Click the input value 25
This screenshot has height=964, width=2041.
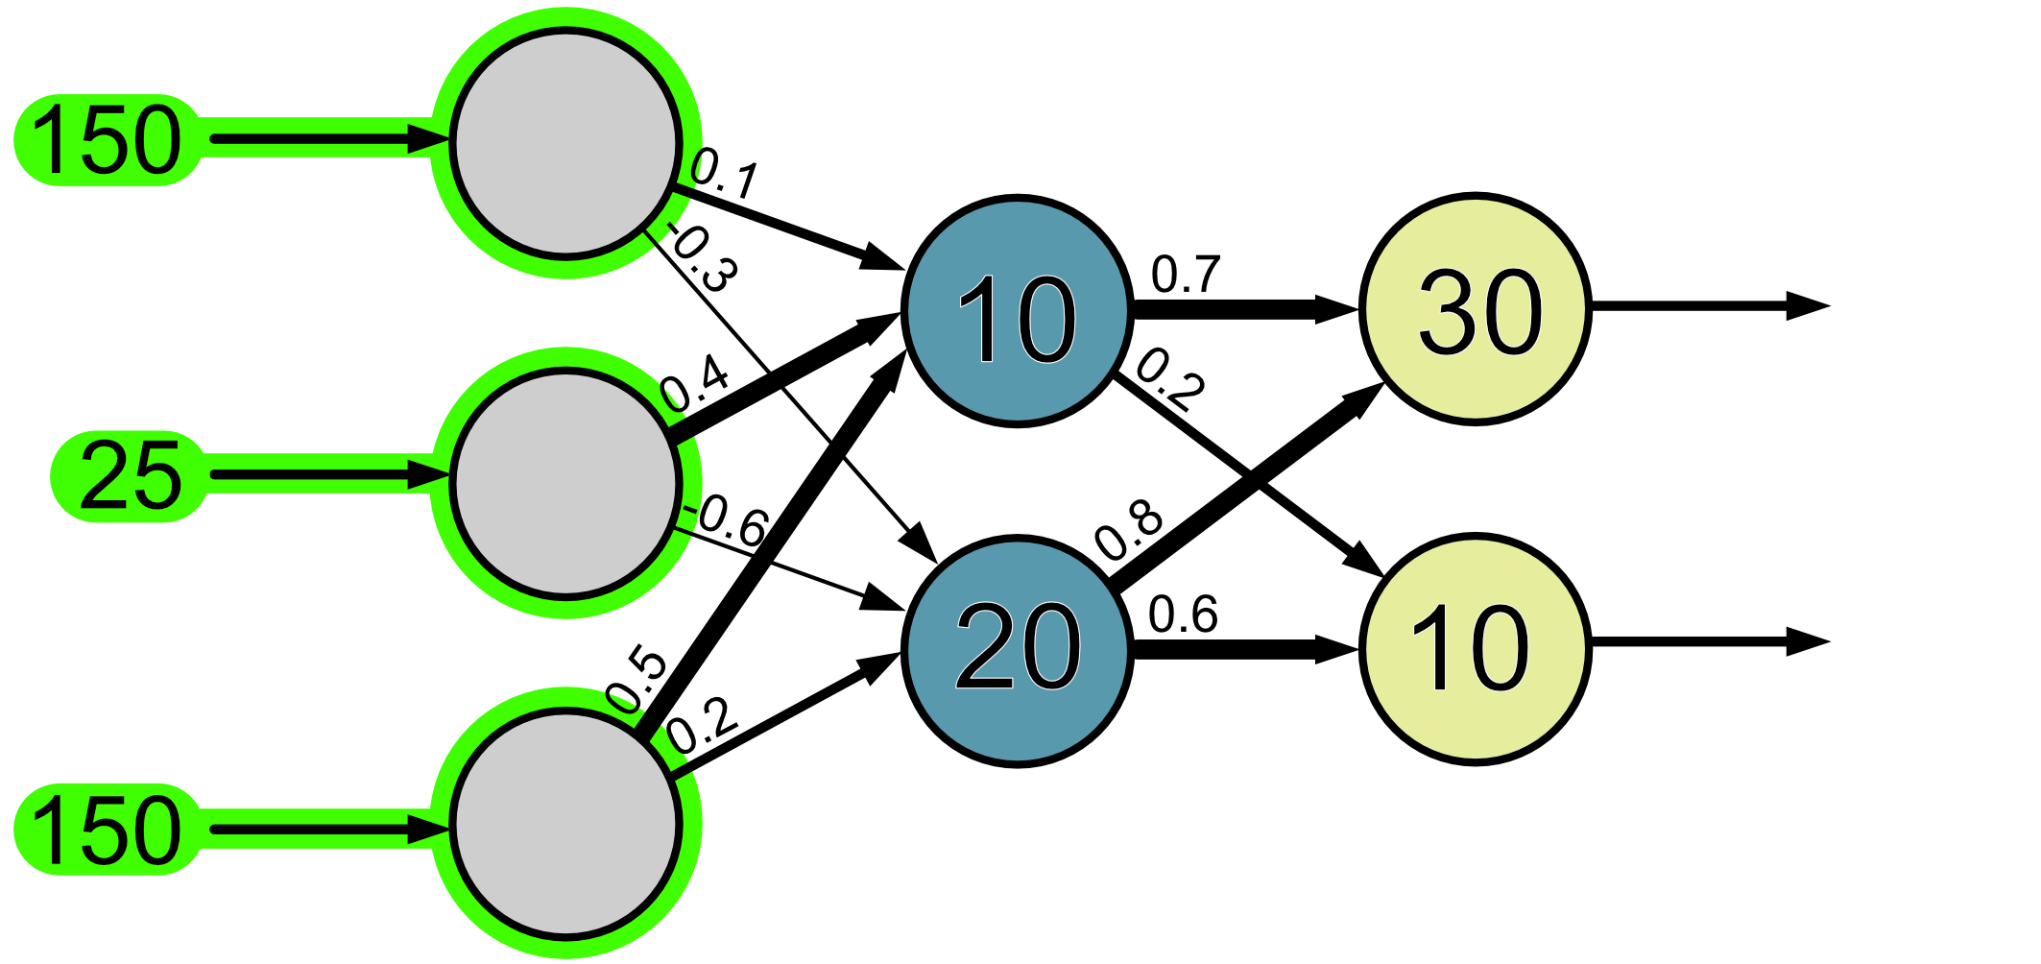[130, 476]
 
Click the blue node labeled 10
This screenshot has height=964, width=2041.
[1017, 311]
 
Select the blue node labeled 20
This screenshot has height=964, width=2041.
[1017, 650]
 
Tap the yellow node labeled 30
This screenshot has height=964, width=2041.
[1476, 309]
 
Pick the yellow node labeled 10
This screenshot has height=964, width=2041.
[1476, 649]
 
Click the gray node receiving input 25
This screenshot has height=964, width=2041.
[565, 483]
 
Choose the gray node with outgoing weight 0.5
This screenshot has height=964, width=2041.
[565, 823]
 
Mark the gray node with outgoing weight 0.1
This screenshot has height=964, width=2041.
[565, 143]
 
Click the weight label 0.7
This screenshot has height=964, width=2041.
[1186, 275]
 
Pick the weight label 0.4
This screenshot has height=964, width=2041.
[696, 384]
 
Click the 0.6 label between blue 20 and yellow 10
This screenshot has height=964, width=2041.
[1183, 615]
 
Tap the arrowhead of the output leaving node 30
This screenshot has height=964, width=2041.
[1809, 306]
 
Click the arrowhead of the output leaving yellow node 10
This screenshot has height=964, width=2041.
[1809, 641]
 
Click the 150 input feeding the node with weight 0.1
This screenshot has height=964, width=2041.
[106, 140]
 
